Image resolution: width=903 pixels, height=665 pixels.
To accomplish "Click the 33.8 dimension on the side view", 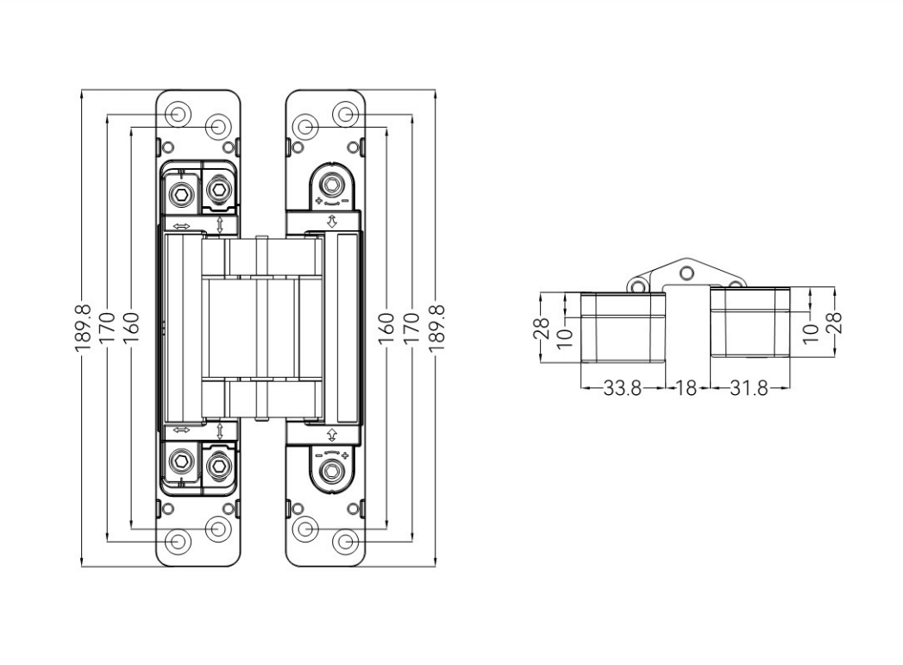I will coord(622,388).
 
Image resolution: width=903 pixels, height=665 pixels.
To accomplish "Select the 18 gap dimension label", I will coord(687,388).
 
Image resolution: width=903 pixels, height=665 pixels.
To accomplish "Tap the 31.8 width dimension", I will coord(749,388).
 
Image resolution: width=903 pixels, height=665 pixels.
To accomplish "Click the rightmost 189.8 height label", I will coord(437,326).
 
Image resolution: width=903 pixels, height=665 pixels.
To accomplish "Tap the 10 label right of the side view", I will coord(810,329).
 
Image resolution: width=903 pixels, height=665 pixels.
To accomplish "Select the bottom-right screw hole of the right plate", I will coord(346,541).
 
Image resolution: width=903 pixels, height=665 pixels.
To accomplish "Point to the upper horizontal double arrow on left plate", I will coord(182,227).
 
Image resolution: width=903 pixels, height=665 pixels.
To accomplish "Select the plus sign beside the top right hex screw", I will coord(319,200).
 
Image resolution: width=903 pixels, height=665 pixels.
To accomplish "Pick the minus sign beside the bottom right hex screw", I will coord(318,455).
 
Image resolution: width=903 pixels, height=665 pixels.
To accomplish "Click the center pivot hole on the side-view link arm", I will coord(686,273).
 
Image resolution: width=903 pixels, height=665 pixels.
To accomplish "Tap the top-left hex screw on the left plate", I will coord(181,193).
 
